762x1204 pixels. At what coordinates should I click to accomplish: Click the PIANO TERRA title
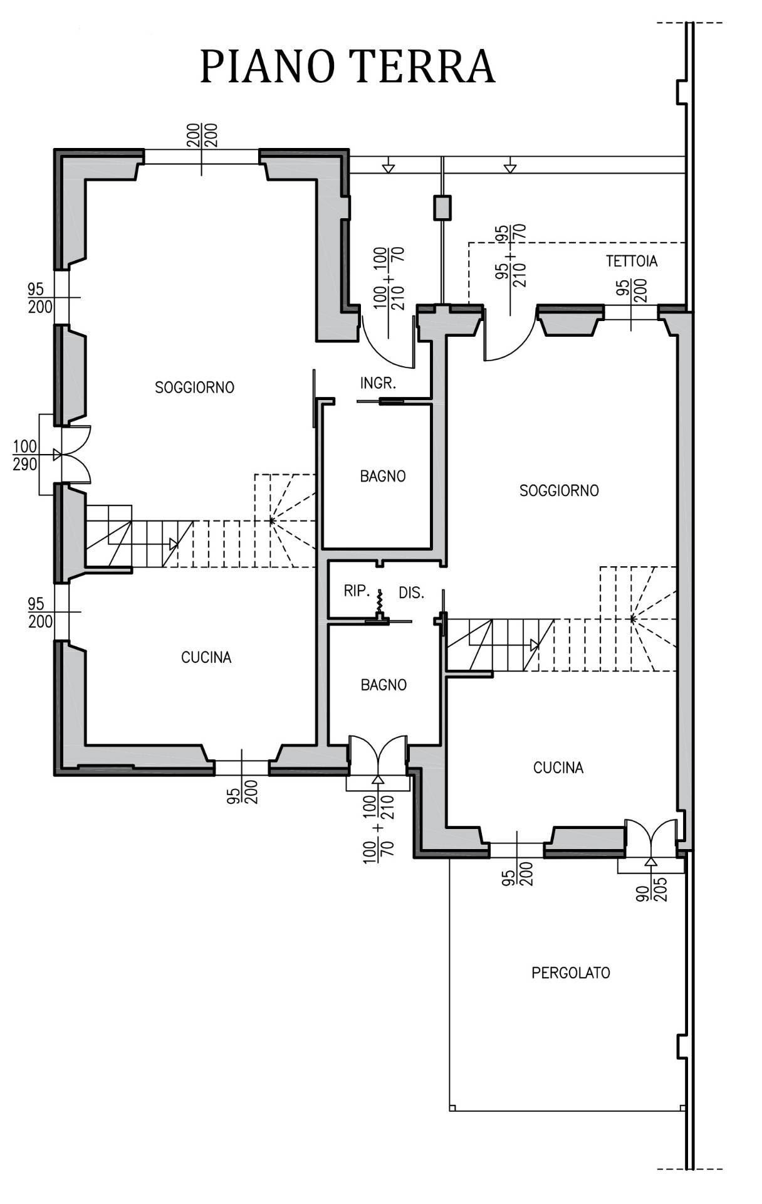[348, 66]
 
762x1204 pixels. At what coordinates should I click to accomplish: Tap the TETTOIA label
[632, 261]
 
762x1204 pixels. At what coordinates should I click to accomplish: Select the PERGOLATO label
[571, 973]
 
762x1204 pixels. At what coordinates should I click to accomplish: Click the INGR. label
[378, 383]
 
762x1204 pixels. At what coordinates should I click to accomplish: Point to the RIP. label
[357, 591]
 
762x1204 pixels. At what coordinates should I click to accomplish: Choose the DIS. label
[412, 593]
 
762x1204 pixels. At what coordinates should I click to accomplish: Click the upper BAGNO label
[383, 477]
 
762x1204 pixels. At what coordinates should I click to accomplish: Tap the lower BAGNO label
[384, 685]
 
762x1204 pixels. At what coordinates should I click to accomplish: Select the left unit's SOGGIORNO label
[195, 388]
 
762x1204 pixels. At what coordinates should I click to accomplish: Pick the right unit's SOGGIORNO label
[560, 490]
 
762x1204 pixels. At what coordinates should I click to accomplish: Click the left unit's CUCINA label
[206, 657]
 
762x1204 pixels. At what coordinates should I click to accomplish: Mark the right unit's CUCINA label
[558, 768]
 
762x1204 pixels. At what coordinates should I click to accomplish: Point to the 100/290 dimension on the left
[25, 456]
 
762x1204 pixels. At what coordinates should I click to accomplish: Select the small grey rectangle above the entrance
[442, 208]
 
